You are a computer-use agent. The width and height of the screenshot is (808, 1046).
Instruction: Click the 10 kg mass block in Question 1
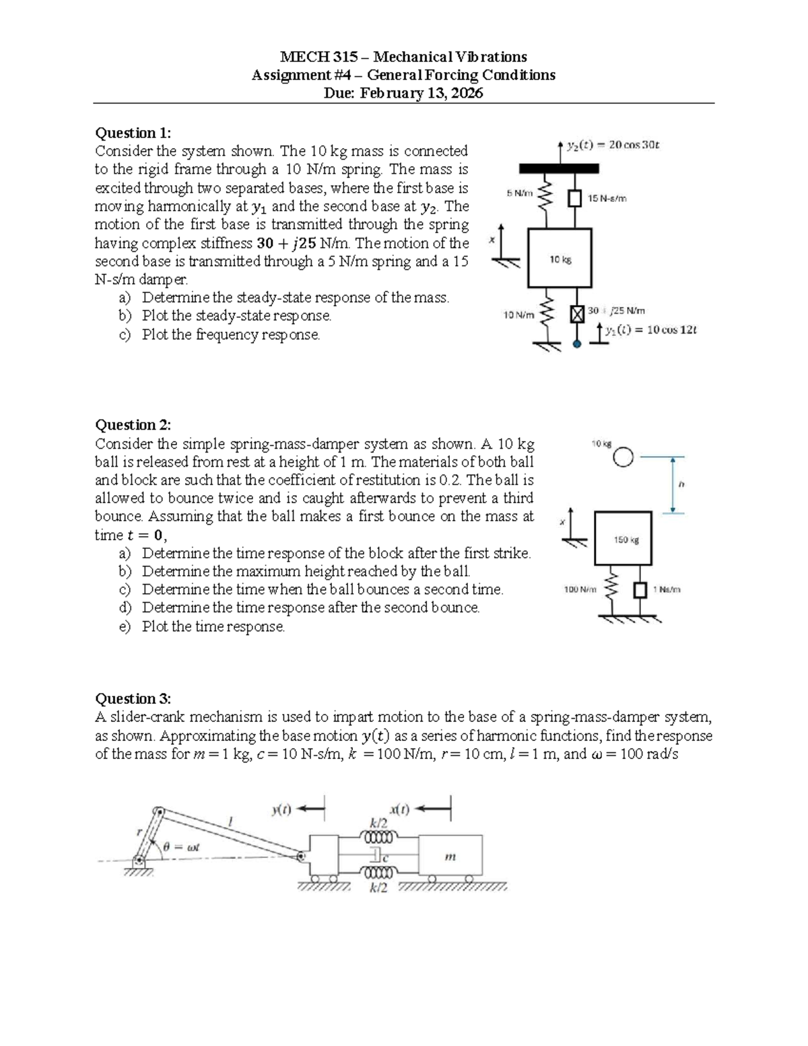(560, 258)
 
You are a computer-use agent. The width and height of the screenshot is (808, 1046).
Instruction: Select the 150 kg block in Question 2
(624, 538)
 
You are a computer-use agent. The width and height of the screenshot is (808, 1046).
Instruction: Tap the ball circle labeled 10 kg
(623, 457)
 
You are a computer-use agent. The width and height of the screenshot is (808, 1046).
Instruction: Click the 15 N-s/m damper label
(607, 198)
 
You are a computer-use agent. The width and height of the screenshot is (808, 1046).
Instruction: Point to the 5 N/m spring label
(520, 193)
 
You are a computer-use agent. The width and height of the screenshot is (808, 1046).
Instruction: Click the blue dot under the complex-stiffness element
(577, 344)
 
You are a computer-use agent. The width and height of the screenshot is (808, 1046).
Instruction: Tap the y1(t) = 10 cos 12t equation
(651, 330)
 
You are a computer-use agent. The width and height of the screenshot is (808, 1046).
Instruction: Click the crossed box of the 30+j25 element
(577, 314)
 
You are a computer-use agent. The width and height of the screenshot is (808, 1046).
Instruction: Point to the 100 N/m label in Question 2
(580, 589)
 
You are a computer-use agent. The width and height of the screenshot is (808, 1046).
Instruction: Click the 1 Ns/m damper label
(667, 589)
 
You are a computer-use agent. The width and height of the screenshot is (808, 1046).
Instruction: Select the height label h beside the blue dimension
(681, 485)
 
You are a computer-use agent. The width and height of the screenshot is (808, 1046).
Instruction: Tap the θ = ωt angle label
(181, 847)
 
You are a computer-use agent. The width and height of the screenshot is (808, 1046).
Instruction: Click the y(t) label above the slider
(281, 810)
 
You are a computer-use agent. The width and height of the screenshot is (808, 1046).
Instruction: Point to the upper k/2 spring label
(378, 824)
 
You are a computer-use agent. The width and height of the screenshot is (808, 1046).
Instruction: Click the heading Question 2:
(133, 425)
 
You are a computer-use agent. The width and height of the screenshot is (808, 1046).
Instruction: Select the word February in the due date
(389, 93)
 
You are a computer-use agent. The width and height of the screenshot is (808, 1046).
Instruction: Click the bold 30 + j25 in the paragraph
(287, 244)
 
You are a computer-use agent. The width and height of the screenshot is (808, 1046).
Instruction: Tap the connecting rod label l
(230, 822)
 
